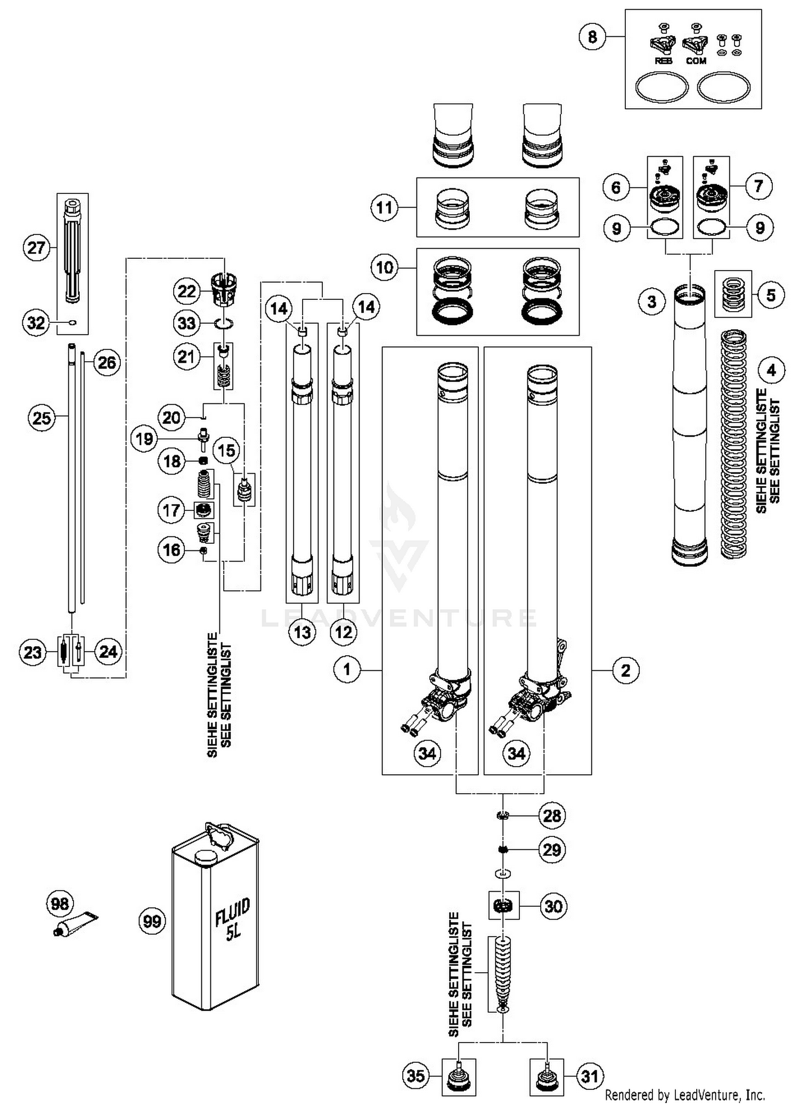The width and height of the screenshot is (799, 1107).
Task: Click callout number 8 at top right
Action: point(592,37)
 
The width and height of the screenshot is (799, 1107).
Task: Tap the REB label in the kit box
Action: point(663,61)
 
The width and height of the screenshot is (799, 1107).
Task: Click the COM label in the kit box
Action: point(696,61)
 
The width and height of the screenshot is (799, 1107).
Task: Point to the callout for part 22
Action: point(187,291)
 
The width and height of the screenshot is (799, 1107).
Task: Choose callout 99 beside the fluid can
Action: point(152,921)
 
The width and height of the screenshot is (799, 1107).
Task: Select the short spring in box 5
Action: point(733,294)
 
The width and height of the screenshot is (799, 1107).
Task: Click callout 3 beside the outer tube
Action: point(652,302)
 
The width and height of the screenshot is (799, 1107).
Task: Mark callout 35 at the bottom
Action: point(416,1076)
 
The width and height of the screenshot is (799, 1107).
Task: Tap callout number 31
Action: point(590,1076)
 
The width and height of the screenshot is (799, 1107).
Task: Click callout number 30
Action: point(553,906)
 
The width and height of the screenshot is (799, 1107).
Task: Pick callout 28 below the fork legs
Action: point(551,815)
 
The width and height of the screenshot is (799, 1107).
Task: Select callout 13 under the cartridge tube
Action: point(303,632)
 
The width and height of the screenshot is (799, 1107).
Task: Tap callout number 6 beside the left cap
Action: point(616,187)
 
